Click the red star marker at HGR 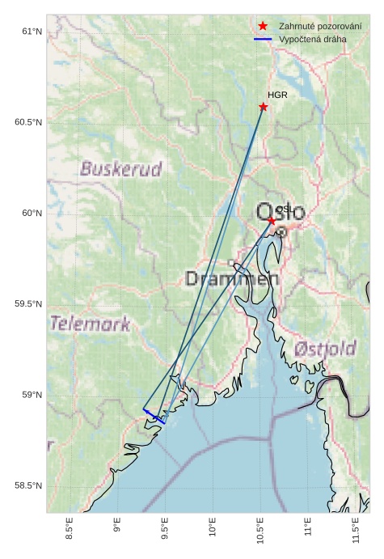point(264,107)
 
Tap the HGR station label point(277,95)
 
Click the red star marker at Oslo point(272,220)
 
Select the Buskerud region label point(121,169)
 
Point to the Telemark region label point(90,324)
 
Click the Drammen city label point(232,279)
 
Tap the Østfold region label point(325,349)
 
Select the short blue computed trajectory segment point(154,416)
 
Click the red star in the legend point(263,27)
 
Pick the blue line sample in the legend point(263,39)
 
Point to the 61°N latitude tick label point(31,32)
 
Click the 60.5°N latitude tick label point(27,122)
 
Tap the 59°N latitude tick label point(31,395)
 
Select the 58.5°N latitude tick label point(27,485)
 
